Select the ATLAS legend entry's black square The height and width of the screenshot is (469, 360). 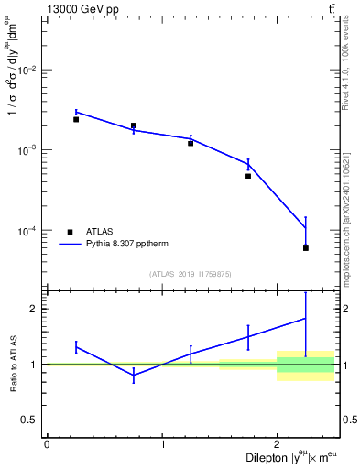pyautogui.click(x=70, y=232)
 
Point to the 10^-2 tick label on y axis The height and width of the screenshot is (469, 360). pyautogui.click(x=28, y=71)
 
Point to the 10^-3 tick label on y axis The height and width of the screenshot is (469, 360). pyautogui.click(x=28, y=150)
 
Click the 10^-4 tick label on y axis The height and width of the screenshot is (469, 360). pyautogui.click(x=28, y=230)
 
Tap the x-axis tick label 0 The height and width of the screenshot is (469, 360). pyautogui.click(x=47, y=444)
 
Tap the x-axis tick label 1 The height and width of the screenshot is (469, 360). pyautogui.click(x=162, y=444)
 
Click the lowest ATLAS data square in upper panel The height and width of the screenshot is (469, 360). pyautogui.click(x=306, y=248)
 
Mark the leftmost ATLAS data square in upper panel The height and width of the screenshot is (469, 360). pyautogui.click(x=76, y=119)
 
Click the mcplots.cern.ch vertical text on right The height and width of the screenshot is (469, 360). pyautogui.click(x=346, y=229)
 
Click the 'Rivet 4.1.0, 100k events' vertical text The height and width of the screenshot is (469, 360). pyautogui.click(x=346, y=60)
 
